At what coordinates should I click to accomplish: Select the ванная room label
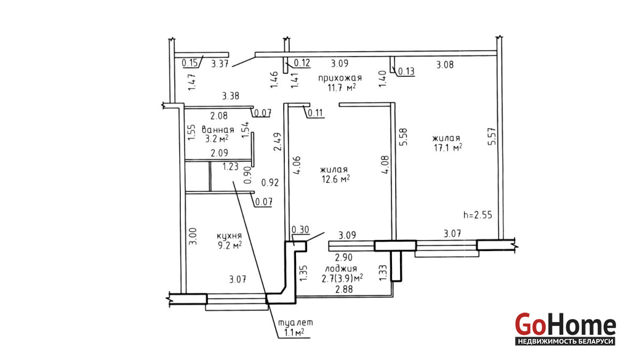click(x=218, y=130)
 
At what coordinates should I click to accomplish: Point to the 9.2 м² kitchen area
click(x=229, y=245)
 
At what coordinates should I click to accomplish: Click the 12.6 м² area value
click(x=335, y=179)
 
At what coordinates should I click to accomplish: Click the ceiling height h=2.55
click(x=477, y=215)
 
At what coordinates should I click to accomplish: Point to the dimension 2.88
click(x=343, y=290)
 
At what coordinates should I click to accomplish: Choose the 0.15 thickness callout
click(x=190, y=63)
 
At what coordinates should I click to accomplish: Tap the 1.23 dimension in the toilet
click(x=230, y=166)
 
